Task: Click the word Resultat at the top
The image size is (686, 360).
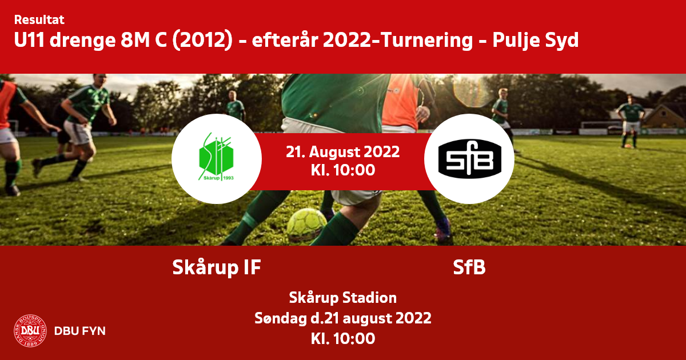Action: pos(39,20)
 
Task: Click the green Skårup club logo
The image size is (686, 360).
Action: pos(216,157)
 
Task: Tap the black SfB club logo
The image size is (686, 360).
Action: pos(469,159)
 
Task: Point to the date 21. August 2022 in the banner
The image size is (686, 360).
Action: pos(342,151)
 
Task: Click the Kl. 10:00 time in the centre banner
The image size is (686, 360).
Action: pos(343,170)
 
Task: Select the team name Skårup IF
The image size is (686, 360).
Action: pos(217,267)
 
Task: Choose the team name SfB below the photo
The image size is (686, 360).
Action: pos(469,267)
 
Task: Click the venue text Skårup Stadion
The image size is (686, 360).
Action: pos(342,298)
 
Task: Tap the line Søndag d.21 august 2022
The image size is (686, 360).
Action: pos(342,318)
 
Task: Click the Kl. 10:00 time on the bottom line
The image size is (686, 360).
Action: pos(343,338)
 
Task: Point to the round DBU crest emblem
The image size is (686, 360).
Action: pos(30,331)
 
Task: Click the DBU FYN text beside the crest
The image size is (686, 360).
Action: pos(80,331)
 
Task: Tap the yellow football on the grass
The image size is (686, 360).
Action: pos(306,225)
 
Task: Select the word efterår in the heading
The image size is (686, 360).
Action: pos(285,41)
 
